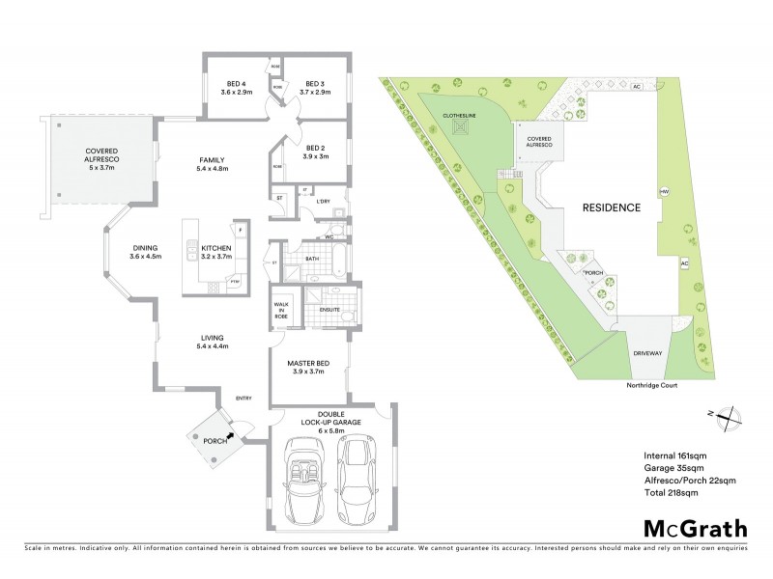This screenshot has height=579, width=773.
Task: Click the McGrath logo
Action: [x=695, y=528]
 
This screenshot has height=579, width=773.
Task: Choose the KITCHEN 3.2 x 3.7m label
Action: [x=216, y=253]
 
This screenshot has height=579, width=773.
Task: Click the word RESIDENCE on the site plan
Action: [x=611, y=207]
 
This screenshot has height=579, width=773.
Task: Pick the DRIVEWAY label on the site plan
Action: [x=647, y=353]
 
